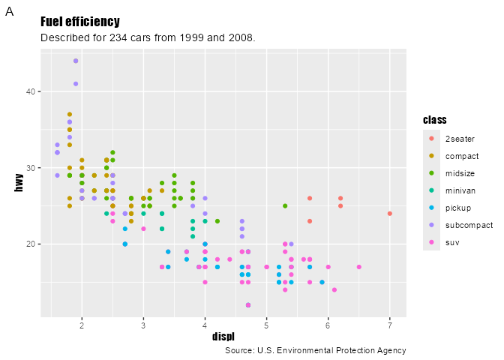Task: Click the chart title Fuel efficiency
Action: click(79, 22)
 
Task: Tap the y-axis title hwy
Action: click(19, 183)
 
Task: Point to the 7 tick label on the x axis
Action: click(390, 325)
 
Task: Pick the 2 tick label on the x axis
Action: click(82, 325)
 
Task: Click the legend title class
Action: click(435, 120)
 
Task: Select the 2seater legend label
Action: click(460, 139)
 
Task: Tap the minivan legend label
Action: click(460, 190)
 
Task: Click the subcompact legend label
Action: click(469, 225)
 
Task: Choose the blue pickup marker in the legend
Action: click(431, 208)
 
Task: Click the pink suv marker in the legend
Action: click(431, 242)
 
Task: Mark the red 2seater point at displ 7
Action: click(390, 214)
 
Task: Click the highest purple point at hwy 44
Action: click(76, 61)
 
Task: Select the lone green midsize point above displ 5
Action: click(285, 205)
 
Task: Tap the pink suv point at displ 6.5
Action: click(359, 267)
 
